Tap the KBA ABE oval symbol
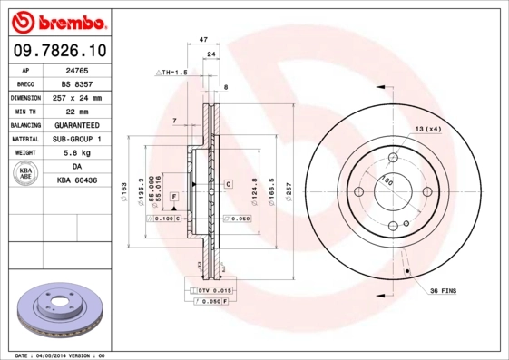coord(26,174)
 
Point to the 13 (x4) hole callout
coord(428,130)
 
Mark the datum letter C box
coord(229,184)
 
